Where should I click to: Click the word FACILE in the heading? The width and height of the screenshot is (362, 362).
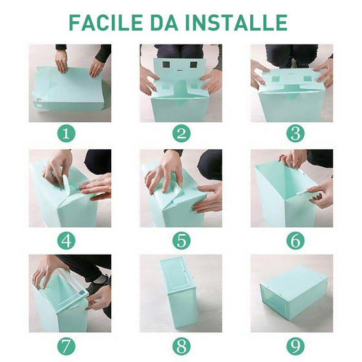tap(106, 23)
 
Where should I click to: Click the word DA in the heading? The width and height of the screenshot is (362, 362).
tap(164, 23)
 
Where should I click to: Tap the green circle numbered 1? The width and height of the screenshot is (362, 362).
tap(67, 134)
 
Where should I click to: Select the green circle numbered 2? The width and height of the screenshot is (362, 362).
tap(182, 134)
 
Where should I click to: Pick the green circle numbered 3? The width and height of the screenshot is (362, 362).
tap(295, 134)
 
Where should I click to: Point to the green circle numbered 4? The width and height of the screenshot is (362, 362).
tap(67, 240)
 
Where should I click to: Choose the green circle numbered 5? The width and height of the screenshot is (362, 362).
tap(182, 240)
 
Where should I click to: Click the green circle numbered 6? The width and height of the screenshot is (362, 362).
tap(295, 240)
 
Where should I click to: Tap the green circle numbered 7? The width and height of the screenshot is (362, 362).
tap(67, 346)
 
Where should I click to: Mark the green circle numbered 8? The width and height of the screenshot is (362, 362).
tap(182, 346)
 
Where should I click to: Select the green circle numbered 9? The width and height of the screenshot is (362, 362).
tap(295, 346)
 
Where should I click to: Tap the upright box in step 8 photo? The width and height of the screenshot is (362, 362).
tap(179, 291)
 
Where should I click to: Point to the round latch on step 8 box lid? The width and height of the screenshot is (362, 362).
tap(184, 270)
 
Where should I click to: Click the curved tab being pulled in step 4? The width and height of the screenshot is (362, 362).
tap(65, 182)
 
